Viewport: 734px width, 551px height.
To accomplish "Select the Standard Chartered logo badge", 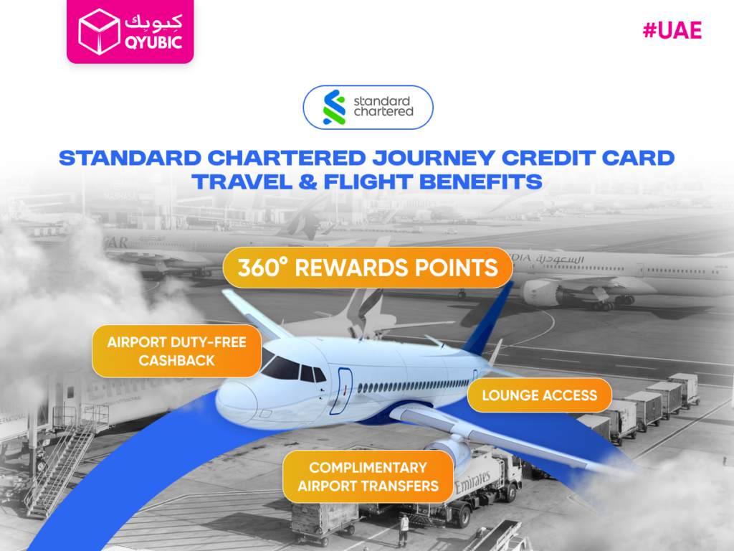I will coord(368,107).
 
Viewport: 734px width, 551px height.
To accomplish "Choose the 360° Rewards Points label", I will coord(368,268).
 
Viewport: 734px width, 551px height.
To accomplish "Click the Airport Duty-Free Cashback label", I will coord(176,351).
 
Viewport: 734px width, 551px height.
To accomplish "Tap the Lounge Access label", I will coord(539,395).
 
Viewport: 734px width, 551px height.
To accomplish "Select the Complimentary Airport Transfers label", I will coord(368,476).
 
